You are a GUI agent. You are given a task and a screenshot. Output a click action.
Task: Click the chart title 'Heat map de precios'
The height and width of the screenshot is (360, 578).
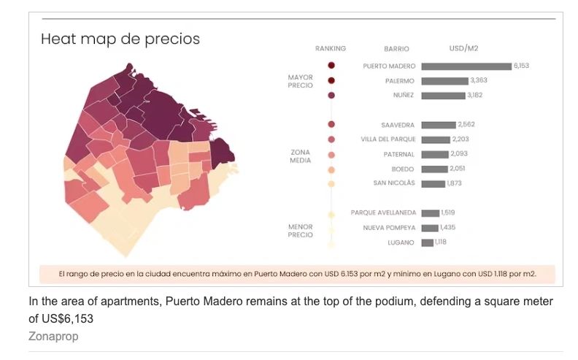120,39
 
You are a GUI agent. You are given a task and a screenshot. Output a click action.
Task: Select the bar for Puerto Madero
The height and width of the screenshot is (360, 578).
466,66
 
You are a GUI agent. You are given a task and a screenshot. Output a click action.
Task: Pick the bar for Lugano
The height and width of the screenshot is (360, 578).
427,242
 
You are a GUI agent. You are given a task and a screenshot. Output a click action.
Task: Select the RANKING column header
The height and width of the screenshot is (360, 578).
331,49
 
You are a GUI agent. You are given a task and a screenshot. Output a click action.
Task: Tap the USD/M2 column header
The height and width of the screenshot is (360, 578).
463,48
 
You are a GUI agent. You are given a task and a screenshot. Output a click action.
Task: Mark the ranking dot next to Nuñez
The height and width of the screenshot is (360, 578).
331,95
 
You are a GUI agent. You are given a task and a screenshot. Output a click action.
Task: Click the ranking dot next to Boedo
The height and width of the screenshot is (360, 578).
331,169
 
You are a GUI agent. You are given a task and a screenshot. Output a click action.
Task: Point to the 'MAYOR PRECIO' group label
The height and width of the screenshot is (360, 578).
300,81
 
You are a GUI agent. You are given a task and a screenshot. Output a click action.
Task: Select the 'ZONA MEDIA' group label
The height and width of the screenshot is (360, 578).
300,157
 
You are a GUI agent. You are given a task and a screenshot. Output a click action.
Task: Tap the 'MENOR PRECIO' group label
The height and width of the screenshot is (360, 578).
300,231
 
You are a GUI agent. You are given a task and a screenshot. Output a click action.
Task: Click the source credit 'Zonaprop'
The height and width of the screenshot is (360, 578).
53,337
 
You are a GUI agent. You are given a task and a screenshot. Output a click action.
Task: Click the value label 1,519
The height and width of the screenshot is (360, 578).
448,212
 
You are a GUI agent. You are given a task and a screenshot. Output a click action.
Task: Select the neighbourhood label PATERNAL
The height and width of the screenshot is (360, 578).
398,154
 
